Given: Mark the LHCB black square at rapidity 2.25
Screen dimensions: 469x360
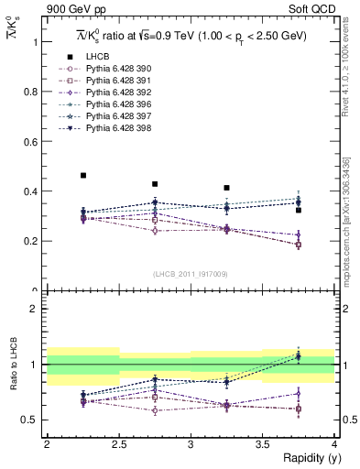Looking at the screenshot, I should click(x=83, y=175).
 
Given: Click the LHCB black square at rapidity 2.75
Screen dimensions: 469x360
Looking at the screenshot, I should click(x=155, y=184).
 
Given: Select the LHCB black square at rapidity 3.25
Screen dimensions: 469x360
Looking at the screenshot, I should click(x=226, y=188).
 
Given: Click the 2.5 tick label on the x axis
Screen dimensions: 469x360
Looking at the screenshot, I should click(x=119, y=444).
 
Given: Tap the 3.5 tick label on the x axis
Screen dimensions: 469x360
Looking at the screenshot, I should click(x=262, y=444).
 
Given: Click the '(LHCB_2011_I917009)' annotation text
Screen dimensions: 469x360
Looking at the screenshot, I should click(x=190, y=274).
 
